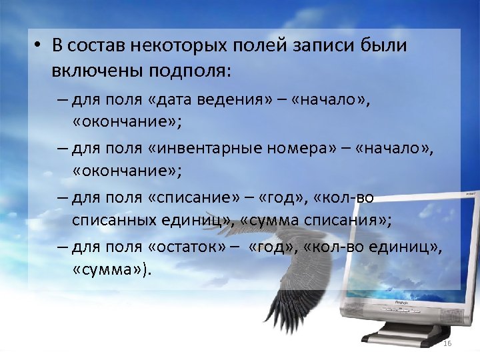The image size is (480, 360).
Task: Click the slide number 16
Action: coord(447,343)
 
